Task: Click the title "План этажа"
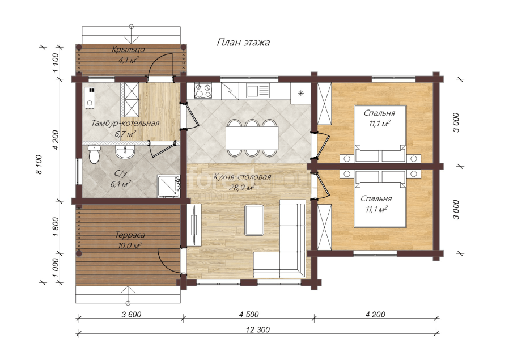[243, 43]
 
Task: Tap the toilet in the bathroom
[94, 154]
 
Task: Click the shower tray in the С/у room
[168, 187]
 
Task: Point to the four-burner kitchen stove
[203, 90]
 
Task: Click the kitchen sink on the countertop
[258, 91]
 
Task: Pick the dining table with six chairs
[252, 138]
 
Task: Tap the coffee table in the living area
[255, 219]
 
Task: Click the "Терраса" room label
[130, 235]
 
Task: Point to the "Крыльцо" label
[128, 50]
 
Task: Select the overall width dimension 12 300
[258, 329]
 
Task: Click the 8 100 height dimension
[39, 164]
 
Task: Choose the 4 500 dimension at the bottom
[249, 314]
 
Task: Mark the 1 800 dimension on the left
[56, 227]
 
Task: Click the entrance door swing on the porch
[160, 66]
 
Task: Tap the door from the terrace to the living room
[169, 261]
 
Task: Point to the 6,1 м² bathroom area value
[120, 184]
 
